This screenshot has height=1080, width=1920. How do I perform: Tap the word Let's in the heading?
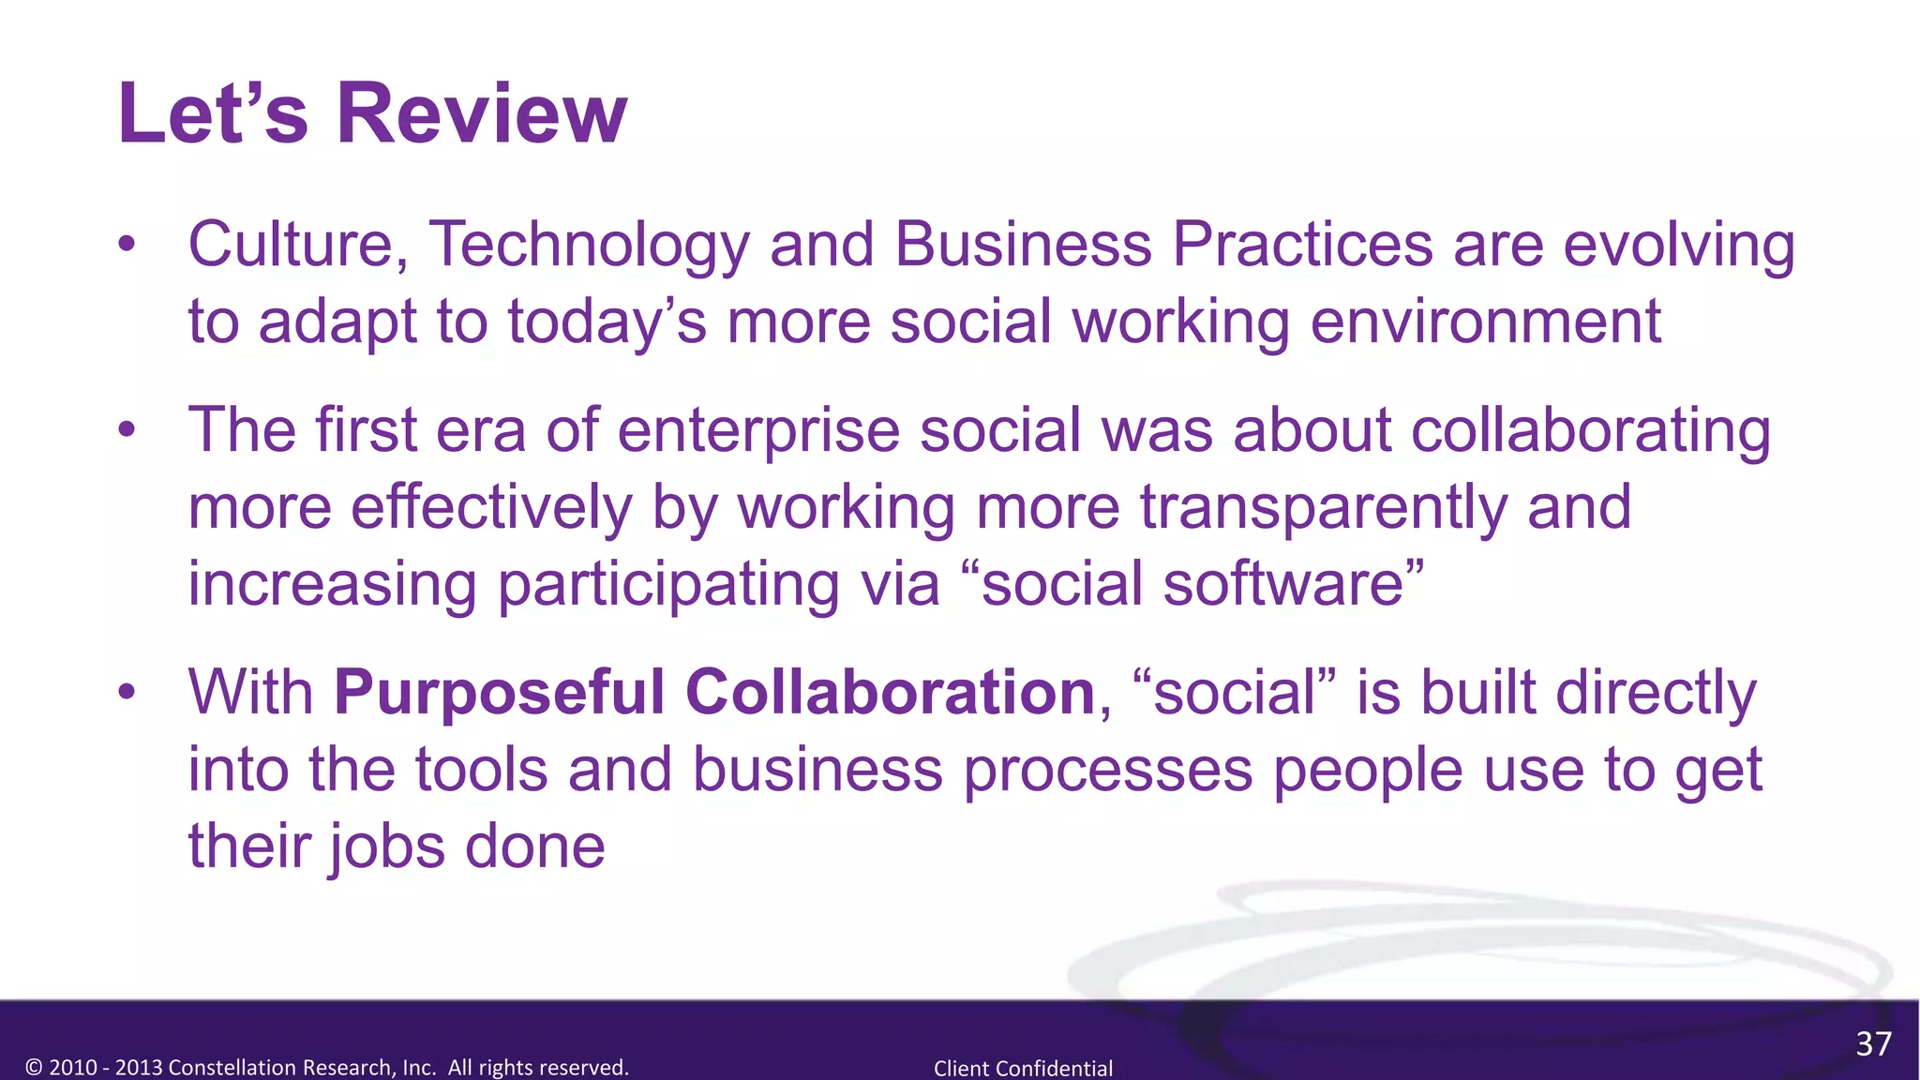tap(212, 113)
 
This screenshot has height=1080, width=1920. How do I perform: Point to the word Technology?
tap(589, 246)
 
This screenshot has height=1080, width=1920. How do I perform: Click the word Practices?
tap(1302, 246)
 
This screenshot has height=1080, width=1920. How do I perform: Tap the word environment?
tap(1485, 322)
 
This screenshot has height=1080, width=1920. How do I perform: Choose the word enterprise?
tap(758, 431)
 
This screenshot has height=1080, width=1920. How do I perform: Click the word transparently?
tap(1323, 508)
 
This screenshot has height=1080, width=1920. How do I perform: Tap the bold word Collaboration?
tap(890, 692)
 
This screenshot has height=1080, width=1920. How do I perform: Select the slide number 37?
tap(1873, 1043)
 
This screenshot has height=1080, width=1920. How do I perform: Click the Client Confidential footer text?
tap(1023, 1068)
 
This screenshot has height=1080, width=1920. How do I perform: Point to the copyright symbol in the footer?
tap(35, 1068)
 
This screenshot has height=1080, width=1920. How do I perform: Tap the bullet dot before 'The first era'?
tap(127, 430)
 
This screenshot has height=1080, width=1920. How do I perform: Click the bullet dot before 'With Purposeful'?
tap(127, 693)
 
